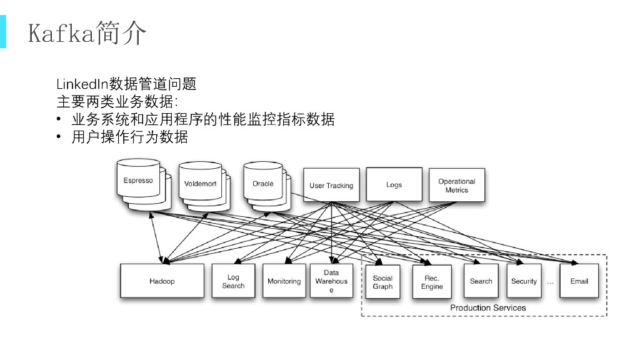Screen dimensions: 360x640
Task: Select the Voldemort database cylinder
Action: (x=199, y=184)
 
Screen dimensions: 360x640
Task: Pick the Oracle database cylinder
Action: (x=263, y=184)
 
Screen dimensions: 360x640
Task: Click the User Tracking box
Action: (x=331, y=185)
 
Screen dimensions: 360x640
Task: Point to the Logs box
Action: (x=394, y=184)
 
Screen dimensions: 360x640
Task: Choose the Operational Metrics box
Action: (x=457, y=185)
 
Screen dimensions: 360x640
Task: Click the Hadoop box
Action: (x=162, y=281)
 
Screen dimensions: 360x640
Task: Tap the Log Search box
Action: (x=233, y=281)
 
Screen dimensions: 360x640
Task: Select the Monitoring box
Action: (x=284, y=281)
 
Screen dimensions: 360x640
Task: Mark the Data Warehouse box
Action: (x=331, y=281)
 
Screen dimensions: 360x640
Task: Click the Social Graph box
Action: (x=382, y=282)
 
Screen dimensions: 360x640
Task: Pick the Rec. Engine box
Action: (x=432, y=282)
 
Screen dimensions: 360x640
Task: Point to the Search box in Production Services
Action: (x=481, y=281)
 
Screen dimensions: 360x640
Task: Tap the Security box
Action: (x=524, y=281)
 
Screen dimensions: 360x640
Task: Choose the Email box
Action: (x=579, y=281)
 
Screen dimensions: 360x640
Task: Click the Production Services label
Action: (x=488, y=307)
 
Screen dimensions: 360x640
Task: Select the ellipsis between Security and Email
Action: (x=551, y=282)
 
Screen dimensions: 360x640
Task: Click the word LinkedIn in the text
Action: (x=82, y=84)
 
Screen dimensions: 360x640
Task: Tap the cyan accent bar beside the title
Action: (x=3, y=32)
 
